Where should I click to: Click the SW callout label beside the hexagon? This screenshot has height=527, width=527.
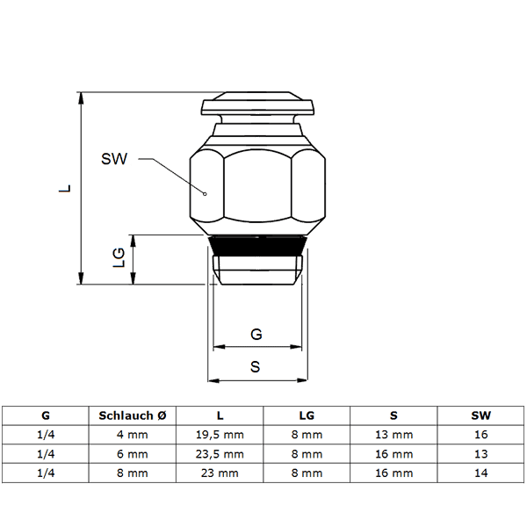114,159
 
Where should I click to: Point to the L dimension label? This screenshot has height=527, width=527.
65,188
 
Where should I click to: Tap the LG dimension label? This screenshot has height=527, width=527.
119,257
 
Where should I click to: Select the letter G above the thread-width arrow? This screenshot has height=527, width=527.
256,335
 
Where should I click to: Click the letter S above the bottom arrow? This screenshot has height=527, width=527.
256,366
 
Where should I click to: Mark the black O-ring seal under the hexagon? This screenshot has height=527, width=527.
257,246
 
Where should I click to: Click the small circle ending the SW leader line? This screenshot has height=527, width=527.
205,194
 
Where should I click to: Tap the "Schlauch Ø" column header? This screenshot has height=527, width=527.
133,415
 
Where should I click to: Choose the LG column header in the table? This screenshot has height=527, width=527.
307,415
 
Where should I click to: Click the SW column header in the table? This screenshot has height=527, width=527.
481,415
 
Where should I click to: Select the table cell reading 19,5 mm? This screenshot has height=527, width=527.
220,435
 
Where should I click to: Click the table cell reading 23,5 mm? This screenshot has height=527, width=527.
220,454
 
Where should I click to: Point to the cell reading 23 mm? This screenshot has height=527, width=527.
220,473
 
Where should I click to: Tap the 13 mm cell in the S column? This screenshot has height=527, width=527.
393,435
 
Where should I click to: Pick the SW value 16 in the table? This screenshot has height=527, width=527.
481,435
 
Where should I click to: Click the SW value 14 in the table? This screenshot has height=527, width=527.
481,473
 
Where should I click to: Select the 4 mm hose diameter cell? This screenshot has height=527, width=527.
133,435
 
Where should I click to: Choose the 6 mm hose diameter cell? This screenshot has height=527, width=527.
133,454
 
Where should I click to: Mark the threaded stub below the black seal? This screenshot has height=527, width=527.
257,270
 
